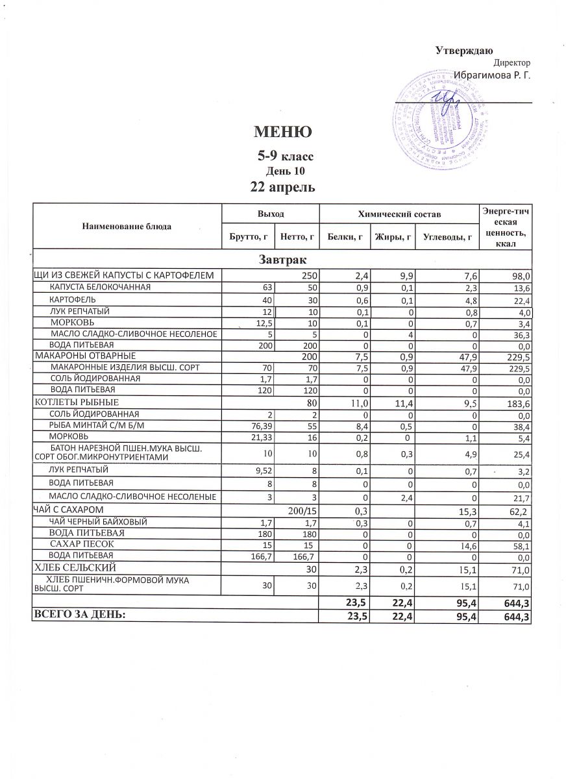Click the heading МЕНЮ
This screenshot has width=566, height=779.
pos(283,132)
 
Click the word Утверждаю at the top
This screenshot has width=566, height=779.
pos(464,51)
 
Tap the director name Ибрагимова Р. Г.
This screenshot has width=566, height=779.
pos(492,75)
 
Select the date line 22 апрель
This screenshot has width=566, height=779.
pos(283,188)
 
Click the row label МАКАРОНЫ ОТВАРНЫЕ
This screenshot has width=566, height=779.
pos(85,356)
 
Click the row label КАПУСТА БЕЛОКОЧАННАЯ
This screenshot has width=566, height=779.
pos(101,287)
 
